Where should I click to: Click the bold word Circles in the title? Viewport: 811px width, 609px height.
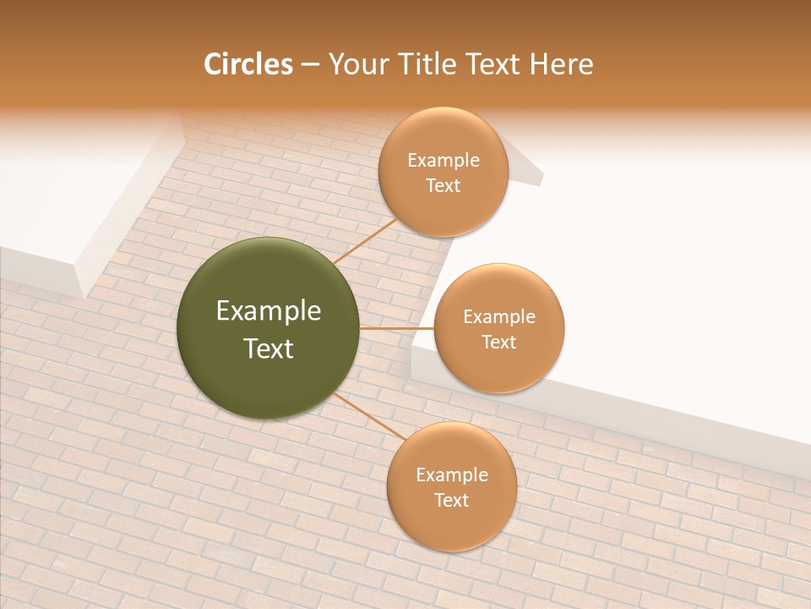pos(248,64)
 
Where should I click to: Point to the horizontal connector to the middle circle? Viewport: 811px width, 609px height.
pos(397,328)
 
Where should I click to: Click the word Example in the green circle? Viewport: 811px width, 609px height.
pos(269,311)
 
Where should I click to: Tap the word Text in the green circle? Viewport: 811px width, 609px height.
pos(269,348)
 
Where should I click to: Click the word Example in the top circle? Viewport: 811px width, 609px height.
pos(444,160)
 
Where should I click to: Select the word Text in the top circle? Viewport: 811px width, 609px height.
pos(444,185)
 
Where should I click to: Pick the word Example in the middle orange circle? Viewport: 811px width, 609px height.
pos(499,316)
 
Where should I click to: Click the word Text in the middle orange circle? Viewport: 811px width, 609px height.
pos(499,342)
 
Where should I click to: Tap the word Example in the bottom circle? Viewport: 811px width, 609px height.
pos(452,475)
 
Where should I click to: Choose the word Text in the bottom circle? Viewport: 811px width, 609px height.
pos(452,500)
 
